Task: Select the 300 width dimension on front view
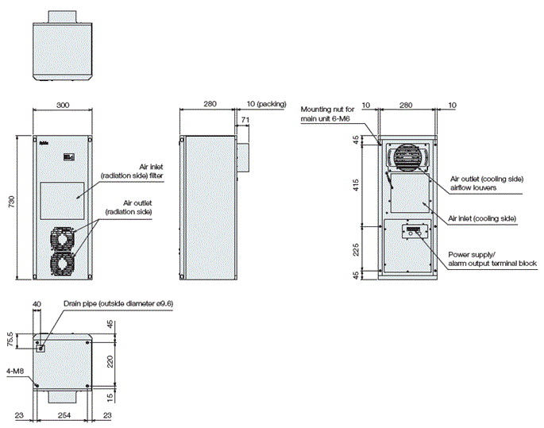tap(63, 104)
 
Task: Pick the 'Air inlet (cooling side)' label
tap(482, 218)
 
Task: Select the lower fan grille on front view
tap(63, 264)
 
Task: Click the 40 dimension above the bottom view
tap(37, 303)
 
